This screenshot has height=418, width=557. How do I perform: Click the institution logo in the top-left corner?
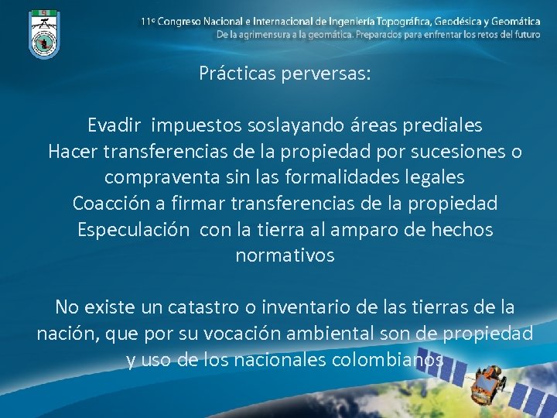point(43,33)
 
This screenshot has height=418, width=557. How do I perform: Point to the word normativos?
point(285,255)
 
